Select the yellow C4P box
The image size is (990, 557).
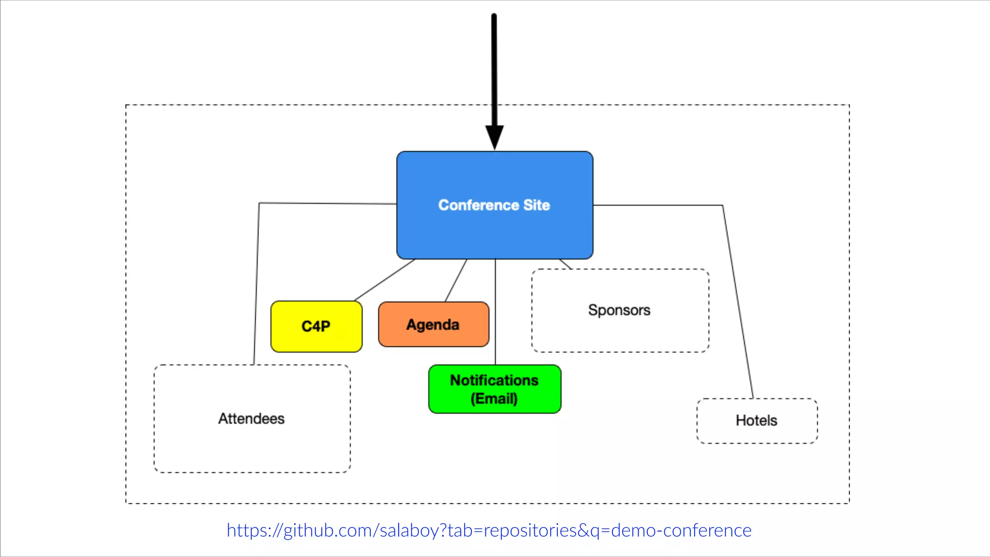click(x=316, y=326)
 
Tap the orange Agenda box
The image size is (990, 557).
click(x=433, y=324)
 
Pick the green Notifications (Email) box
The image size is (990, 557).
click(x=495, y=389)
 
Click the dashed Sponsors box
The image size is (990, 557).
click(x=620, y=334)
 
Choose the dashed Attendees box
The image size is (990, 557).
click(x=252, y=445)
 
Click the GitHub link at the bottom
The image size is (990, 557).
click(x=489, y=530)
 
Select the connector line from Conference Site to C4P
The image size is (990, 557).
click(x=384, y=280)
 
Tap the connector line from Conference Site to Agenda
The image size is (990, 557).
click(x=456, y=280)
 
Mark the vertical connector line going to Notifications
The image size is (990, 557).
click(x=495, y=314)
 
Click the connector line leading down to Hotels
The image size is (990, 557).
click(x=738, y=300)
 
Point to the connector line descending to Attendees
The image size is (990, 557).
click(x=257, y=285)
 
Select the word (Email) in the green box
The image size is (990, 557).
click(x=494, y=399)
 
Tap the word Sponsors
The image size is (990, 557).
click(x=619, y=310)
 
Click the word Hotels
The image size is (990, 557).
click(x=757, y=421)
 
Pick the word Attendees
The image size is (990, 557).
click(x=251, y=419)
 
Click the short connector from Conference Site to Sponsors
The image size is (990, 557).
click(x=566, y=264)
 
